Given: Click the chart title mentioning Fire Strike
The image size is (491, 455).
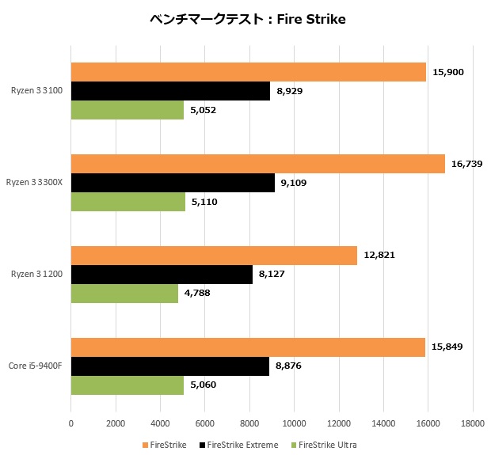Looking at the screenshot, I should tap(247, 19).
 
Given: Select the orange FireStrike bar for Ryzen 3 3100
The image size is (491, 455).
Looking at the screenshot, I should tap(249, 72).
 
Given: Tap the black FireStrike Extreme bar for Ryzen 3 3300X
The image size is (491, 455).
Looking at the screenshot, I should tap(173, 184).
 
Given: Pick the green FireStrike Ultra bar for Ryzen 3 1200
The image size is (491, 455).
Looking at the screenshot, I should tap(124, 294).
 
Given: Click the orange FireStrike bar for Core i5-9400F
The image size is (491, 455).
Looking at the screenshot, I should tap(248, 347).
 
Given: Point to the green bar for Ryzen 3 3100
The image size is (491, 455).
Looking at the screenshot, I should tap(128, 110).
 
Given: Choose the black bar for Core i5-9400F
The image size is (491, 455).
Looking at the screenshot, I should tap(170, 366).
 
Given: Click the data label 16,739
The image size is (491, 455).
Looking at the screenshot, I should tap(467, 164).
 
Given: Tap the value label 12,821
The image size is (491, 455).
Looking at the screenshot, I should tap(379, 255).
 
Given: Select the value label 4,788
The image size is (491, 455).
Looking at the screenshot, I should tap(200, 294).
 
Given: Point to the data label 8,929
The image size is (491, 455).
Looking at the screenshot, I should tap(289, 91).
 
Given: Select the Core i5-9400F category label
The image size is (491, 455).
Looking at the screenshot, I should tap(37, 366).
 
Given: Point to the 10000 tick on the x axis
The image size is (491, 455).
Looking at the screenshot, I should tap(295, 423).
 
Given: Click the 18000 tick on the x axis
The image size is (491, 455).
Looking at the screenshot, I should tap(473, 423).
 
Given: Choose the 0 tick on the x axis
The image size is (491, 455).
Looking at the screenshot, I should tap(71, 423).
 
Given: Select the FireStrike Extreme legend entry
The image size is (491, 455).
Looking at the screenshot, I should tap(239, 445).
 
